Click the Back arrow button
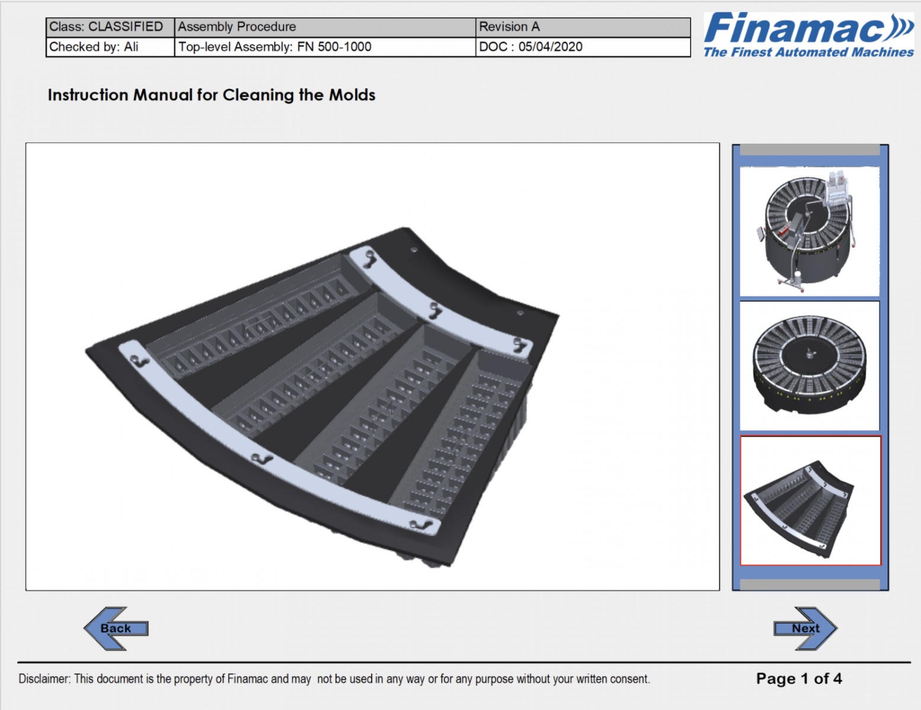115,628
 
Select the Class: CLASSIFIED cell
110,27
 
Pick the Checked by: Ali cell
110,47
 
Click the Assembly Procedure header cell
325,27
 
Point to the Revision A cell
583,27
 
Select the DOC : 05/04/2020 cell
583,47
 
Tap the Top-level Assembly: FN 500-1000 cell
325,47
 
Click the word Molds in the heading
352,95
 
